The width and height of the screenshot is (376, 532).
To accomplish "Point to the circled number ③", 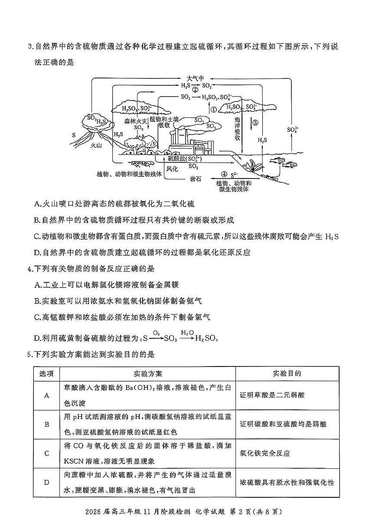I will (255, 123).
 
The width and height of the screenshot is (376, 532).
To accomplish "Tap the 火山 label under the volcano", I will (96, 146).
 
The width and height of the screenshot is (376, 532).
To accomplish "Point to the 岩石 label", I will (196, 178).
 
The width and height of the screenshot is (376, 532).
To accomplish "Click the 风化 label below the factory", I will (172, 169).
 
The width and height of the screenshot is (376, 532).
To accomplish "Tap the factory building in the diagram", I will (191, 143).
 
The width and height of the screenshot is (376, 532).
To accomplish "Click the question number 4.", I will (29, 269).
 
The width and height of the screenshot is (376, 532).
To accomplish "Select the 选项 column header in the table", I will (46, 373).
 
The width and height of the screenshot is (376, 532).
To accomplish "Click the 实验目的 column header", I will (287, 373).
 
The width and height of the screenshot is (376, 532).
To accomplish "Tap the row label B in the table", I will (47, 424).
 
